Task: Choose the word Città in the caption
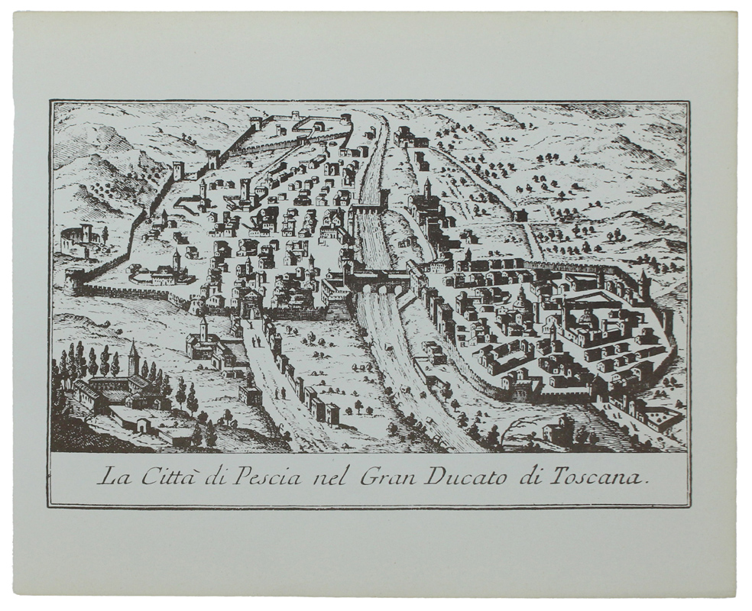point(161,478)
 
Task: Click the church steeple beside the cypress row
point(134,357)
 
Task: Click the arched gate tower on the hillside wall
point(213,160)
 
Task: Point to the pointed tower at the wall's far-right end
point(646,284)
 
